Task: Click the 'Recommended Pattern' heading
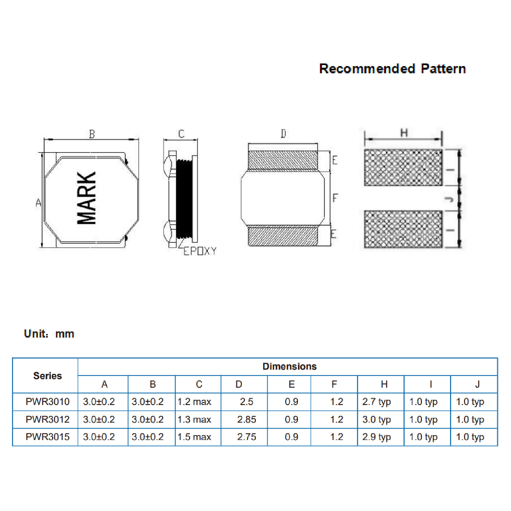click(392, 69)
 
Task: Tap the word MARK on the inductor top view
click(86, 198)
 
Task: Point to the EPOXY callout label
click(200, 251)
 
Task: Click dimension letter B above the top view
click(92, 134)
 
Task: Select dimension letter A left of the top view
click(38, 203)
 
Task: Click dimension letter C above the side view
click(181, 134)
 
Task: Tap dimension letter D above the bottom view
click(283, 133)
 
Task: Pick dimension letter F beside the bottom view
click(335, 198)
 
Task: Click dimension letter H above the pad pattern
click(404, 133)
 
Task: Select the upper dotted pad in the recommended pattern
click(403, 167)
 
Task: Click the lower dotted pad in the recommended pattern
click(403, 229)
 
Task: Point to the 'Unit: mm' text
click(49, 334)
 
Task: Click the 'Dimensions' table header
click(290, 366)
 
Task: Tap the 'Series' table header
click(47, 376)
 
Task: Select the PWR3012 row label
click(47, 419)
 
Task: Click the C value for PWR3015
click(194, 437)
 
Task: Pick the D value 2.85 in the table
click(247, 419)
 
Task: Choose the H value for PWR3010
click(377, 402)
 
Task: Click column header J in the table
click(477, 384)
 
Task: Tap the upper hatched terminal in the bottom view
click(283, 160)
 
